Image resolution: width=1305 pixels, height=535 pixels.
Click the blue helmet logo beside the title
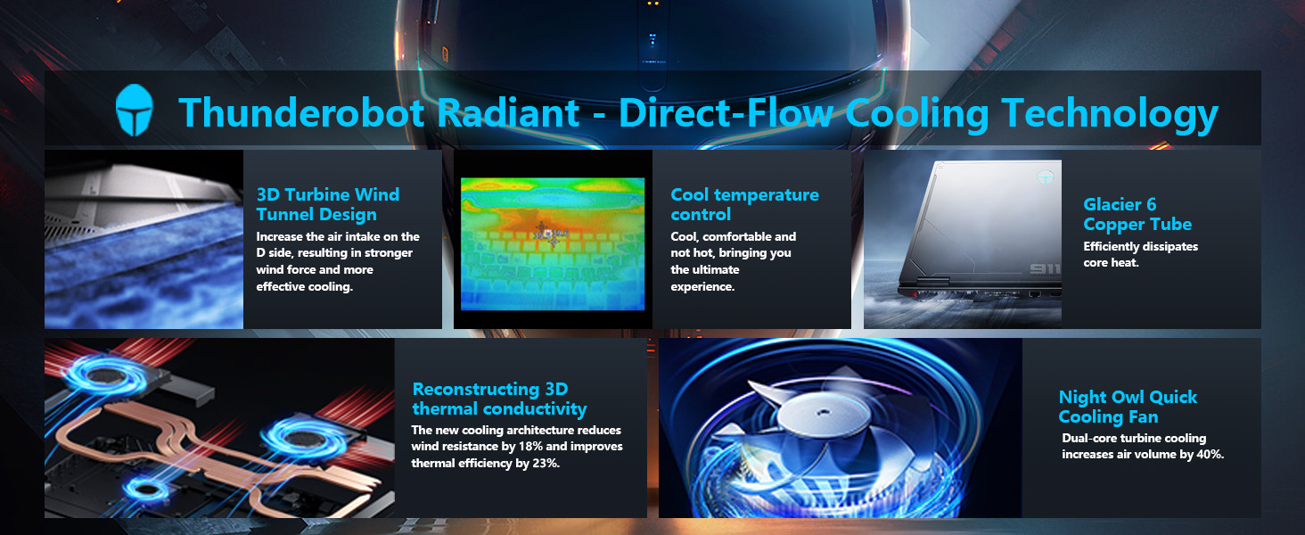(x=135, y=111)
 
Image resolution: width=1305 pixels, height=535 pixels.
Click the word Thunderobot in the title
(x=301, y=111)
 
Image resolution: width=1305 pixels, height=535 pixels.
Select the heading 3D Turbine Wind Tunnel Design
(x=328, y=204)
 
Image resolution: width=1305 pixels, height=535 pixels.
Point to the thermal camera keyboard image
(x=553, y=243)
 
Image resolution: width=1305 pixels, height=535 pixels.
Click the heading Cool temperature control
(x=744, y=204)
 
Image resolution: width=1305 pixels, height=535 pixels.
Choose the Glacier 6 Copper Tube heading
(x=1137, y=214)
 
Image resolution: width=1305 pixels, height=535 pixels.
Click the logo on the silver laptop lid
(x=1046, y=177)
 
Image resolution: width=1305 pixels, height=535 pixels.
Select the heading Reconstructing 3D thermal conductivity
(x=499, y=399)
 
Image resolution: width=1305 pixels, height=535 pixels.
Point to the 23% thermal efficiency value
(x=546, y=464)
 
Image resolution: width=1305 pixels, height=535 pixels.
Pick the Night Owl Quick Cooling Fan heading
(x=1128, y=407)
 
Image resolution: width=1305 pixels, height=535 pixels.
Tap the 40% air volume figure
(x=1210, y=454)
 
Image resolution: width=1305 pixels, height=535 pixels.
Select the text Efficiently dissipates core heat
(x=1140, y=254)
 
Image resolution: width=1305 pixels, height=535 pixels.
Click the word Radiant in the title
(x=508, y=111)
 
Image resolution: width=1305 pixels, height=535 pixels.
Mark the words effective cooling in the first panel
(x=304, y=287)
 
